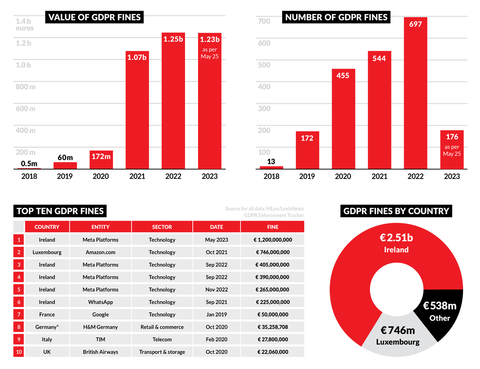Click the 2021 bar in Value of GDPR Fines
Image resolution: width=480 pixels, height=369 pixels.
(137, 112)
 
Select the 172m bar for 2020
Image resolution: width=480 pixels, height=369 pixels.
(101, 160)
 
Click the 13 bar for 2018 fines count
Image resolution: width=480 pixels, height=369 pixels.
(272, 167)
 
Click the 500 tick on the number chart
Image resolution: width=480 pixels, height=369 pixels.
(264, 65)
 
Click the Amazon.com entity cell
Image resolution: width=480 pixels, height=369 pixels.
(100, 252)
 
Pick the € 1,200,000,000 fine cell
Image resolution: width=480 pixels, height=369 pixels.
(273, 240)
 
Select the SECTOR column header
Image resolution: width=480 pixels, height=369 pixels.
(162, 227)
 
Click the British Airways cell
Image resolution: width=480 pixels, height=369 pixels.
(100, 352)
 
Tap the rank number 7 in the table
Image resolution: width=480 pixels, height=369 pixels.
(19, 315)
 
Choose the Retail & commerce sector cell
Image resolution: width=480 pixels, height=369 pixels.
(162, 327)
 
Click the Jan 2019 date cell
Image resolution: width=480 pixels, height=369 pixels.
(216, 315)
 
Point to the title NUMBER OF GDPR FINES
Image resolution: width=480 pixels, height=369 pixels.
(336, 17)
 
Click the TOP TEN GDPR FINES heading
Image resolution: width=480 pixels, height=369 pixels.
(60, 211)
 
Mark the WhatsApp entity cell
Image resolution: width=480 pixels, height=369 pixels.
(100, 302)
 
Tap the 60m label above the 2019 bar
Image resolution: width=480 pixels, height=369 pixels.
(65, 157)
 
